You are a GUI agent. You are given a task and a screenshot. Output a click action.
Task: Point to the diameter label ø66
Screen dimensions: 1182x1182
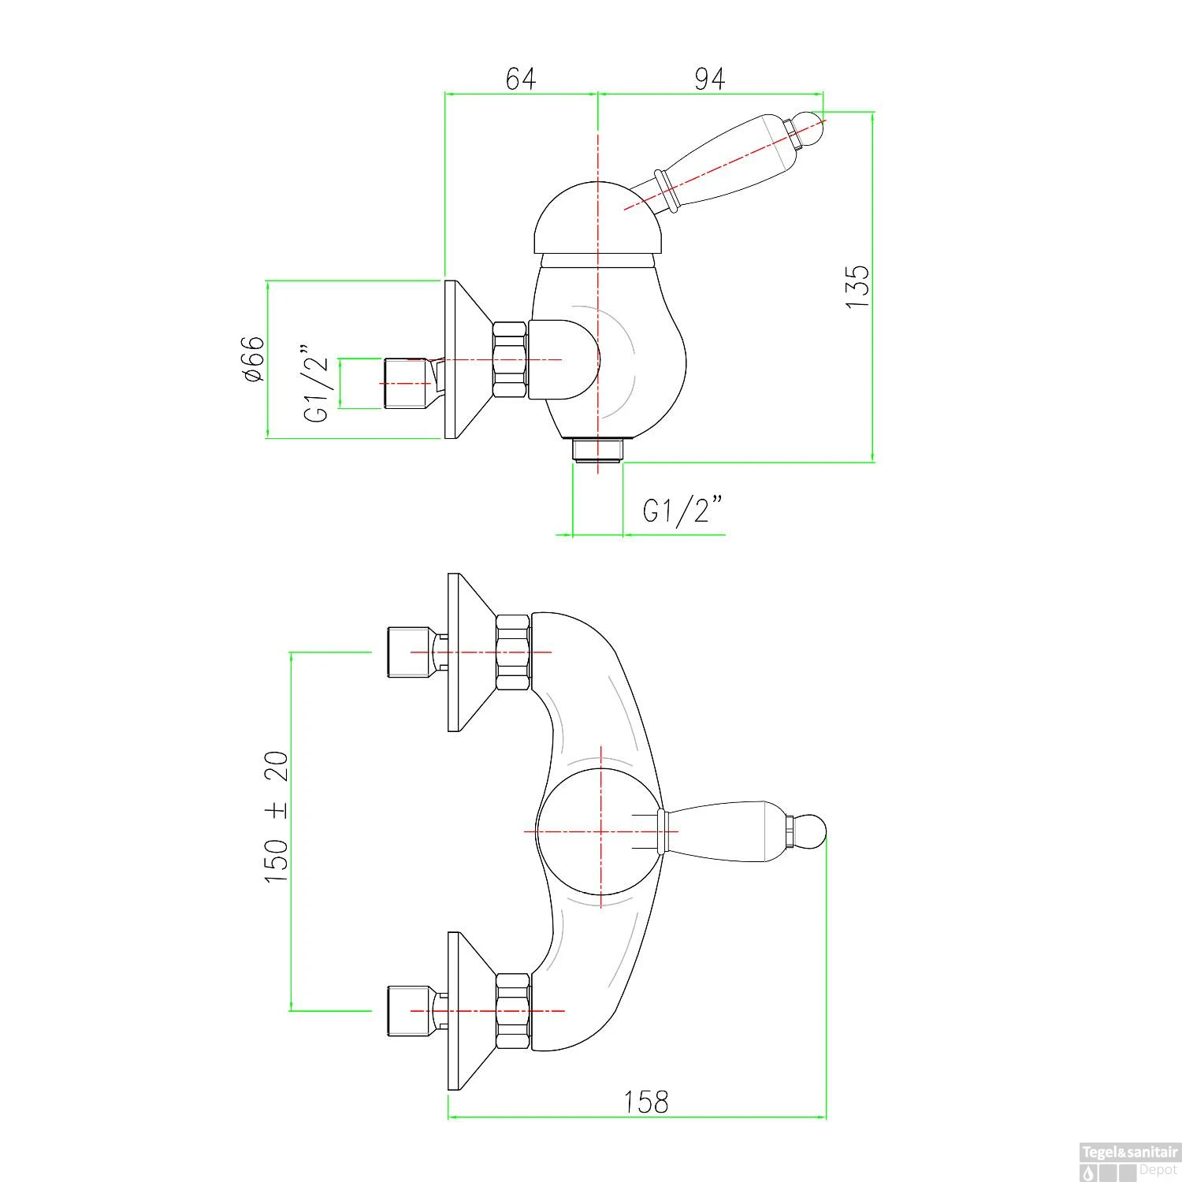pyautogui.click(x=253, y=359)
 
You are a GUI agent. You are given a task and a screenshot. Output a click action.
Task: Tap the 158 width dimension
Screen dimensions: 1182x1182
pyautogui.click(x=645, y=1102)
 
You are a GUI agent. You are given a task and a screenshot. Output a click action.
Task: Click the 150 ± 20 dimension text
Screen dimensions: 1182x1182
pyautogui.click(x=277, y=816)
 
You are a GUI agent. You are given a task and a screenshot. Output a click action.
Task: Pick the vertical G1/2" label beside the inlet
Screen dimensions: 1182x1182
pyautogui.click(x=316, y=383)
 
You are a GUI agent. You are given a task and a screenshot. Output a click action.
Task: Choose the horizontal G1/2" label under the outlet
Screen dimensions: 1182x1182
pyautogui.click(x=682, y=510)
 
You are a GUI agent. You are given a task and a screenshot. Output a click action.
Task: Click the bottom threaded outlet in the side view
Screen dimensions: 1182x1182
pyautogui.click(x=598, y=451)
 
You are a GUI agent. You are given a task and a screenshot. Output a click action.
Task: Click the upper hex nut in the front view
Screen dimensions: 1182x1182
pyautogui.click(x=512, y=652)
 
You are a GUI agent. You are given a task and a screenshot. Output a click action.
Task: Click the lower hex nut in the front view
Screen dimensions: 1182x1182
pyautogui.click(x=512, y=1010)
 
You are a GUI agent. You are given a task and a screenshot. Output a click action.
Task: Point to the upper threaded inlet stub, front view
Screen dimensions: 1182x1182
pyautogui.click(x=409, y=652)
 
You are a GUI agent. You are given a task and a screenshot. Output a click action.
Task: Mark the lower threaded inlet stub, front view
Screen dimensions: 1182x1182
pyautogui.click(x=409, y=1010)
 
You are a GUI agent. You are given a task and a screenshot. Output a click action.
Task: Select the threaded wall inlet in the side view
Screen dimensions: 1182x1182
pyautogui.click(x=408, y=384)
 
